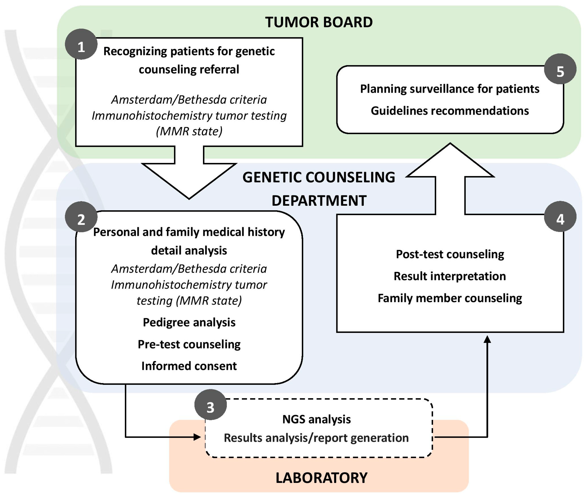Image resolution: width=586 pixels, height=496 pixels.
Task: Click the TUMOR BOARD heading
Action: point(319,22)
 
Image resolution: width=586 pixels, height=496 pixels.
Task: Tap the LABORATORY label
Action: point(321,478)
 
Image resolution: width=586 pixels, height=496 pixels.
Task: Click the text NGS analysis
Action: point(316,419)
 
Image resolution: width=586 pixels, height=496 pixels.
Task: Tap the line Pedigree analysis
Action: point(189,322)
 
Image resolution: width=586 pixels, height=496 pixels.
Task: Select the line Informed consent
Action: point(189,366)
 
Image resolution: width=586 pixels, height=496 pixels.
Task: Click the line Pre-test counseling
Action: point(189,344)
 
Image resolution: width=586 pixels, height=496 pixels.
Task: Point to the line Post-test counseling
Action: point(450,254)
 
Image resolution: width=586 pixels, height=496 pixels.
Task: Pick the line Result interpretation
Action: point(450,276)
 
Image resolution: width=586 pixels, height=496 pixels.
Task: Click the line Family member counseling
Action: point(450,298)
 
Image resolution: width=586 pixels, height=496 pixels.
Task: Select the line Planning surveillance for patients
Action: point(450,89)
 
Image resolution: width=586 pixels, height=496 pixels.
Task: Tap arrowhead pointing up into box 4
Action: point(487,339)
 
